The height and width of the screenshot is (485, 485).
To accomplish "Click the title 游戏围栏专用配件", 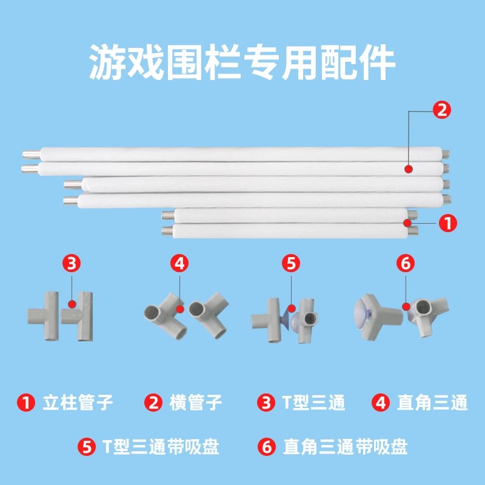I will (242, 62).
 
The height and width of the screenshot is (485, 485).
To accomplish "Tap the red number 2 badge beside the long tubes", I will (441, 110).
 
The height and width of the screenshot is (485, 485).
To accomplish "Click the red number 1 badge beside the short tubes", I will (447, 223).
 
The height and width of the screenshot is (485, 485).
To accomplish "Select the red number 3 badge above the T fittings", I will (72, 264).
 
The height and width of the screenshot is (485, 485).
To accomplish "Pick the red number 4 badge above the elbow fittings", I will (179, 264).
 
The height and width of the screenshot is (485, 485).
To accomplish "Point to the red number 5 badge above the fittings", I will (291, 264).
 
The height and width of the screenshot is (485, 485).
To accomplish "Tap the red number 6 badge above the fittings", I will (404, 264).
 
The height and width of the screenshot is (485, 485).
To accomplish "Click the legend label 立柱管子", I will (78, 402).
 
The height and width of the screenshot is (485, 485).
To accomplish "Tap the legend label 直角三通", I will (432, 402).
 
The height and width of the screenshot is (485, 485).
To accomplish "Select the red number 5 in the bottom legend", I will (87, 447).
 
